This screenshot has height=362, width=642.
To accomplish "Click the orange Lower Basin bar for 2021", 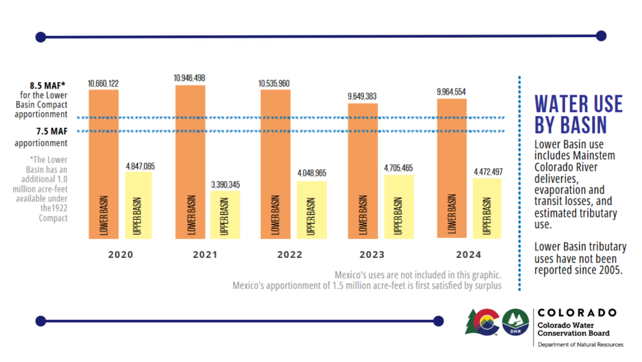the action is pos(191,162).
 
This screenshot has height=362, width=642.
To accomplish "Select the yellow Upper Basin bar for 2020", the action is pos(139,205).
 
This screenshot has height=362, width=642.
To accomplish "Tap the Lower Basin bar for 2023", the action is pos(363,171).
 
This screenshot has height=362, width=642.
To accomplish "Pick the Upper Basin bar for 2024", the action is pos(487,208).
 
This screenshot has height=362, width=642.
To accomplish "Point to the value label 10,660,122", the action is pos(103,83).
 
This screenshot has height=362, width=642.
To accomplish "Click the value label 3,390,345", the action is pos(225,184).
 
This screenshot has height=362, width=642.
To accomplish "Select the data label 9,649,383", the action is pos(362,96).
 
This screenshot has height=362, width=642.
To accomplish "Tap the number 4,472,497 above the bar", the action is pos(488,172).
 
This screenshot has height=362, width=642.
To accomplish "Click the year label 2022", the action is pos(290,255).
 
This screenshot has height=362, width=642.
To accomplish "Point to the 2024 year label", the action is pos(469,255).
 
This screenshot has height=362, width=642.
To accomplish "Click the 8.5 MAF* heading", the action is pos(48,85).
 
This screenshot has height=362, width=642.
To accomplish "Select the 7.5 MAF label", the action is pos(51,132).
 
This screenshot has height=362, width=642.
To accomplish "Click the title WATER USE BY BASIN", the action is pos(578,114).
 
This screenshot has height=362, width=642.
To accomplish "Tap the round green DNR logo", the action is pos(515,322).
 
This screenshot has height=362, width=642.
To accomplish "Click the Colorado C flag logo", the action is pos(483,322).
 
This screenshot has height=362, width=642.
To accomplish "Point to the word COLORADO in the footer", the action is pos(577,313).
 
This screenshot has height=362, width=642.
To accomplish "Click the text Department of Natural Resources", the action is pos(581,345).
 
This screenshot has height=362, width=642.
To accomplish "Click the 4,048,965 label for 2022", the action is pos(312,173).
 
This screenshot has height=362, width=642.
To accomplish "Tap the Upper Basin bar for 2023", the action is pos(399,207).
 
